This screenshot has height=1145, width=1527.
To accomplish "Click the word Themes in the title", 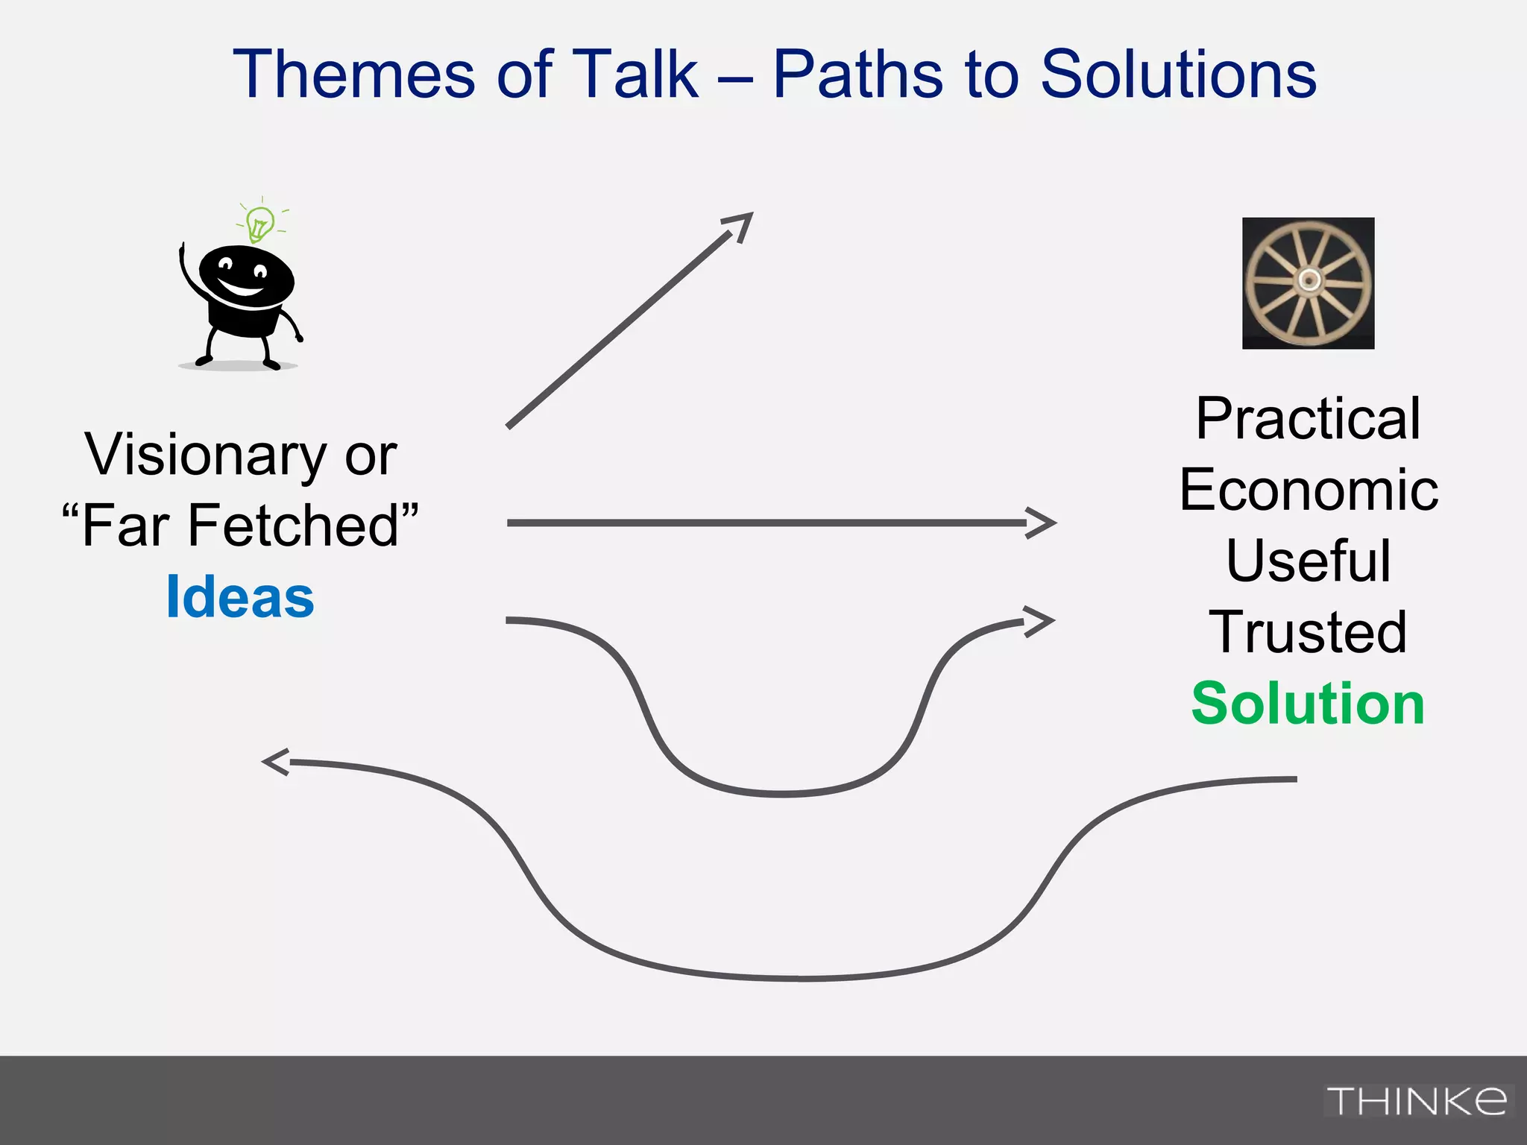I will point(353,75).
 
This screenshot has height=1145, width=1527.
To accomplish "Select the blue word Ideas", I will point(240,597).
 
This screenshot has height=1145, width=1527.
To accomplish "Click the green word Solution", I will point(1308,703).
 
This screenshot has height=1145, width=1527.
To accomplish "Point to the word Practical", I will point(1308,419).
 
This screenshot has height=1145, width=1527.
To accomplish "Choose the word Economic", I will point(1308,491).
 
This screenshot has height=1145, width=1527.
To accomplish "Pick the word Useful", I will point(1308,561).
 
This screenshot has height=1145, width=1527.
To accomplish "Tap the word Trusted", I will point(1308,632).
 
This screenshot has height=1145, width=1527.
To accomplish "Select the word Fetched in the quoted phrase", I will point(292,526).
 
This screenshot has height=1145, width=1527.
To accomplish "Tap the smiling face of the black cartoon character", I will point(245,276).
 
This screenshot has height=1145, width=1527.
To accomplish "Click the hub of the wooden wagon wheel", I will point(1309,280).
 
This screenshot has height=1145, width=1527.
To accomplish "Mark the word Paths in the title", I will point(857,75).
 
